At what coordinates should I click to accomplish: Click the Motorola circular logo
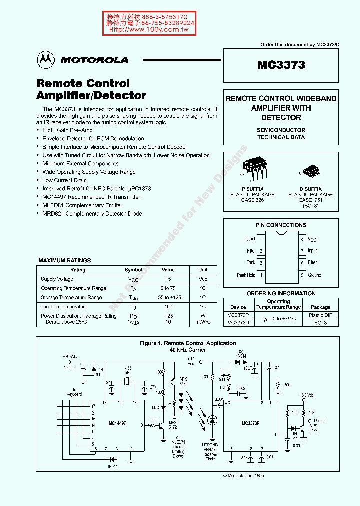pos(46,60)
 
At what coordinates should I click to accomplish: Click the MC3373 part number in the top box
pos(281,65)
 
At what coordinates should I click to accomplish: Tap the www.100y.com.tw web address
pos(148,30)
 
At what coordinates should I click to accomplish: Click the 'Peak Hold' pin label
pos(246,275)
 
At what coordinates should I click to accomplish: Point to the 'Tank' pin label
pos(251,263)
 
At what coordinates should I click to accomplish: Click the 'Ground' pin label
pos(314,275)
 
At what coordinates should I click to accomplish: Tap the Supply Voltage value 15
pos(168,279)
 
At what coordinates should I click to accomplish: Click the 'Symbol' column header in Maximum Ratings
pos(133,270)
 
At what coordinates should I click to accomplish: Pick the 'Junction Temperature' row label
pos(64,307)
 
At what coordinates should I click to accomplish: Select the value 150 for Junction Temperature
pos(168,307)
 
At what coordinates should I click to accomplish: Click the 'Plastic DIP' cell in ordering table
pos(320,315)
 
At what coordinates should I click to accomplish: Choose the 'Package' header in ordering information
pos(320,307)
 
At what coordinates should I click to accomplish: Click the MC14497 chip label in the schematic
pos(117,423)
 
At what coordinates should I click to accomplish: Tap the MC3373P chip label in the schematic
pos(249,423)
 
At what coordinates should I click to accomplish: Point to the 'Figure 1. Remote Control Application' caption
pos(188,343)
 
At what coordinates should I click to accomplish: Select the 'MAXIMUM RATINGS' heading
pos(65,260)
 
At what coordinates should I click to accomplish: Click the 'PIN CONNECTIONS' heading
pos(281,225)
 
